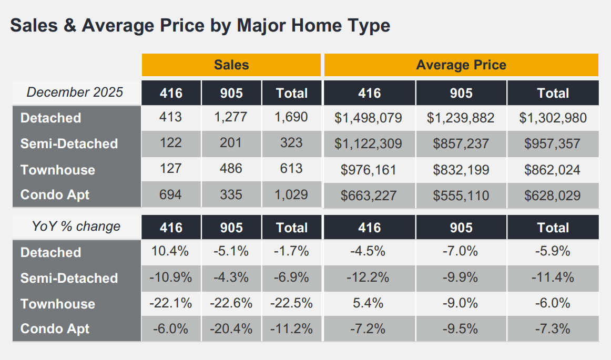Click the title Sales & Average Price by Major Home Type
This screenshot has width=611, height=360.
200,25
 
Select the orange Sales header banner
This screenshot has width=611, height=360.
231,65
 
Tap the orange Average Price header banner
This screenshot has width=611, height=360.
461,65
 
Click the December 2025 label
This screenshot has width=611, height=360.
75,92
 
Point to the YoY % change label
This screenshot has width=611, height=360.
76,227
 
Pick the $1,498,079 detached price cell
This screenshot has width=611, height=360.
369,118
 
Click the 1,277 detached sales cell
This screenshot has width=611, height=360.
231,117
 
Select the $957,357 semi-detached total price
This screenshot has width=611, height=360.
553,143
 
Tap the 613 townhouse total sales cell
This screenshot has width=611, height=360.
291,169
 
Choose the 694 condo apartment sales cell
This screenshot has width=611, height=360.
170,195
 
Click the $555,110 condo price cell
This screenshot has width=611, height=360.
461,196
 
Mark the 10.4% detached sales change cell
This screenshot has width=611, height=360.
170,252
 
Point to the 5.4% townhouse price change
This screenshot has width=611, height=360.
369,303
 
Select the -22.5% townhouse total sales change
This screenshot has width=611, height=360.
291,303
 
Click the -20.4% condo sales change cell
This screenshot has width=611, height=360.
231,329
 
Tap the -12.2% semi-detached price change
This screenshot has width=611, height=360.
369,277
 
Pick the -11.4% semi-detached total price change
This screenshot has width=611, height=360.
553,277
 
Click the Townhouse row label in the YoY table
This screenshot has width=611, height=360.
58,304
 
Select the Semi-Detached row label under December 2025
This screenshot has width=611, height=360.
69,143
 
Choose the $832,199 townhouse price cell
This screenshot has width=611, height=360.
461,170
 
